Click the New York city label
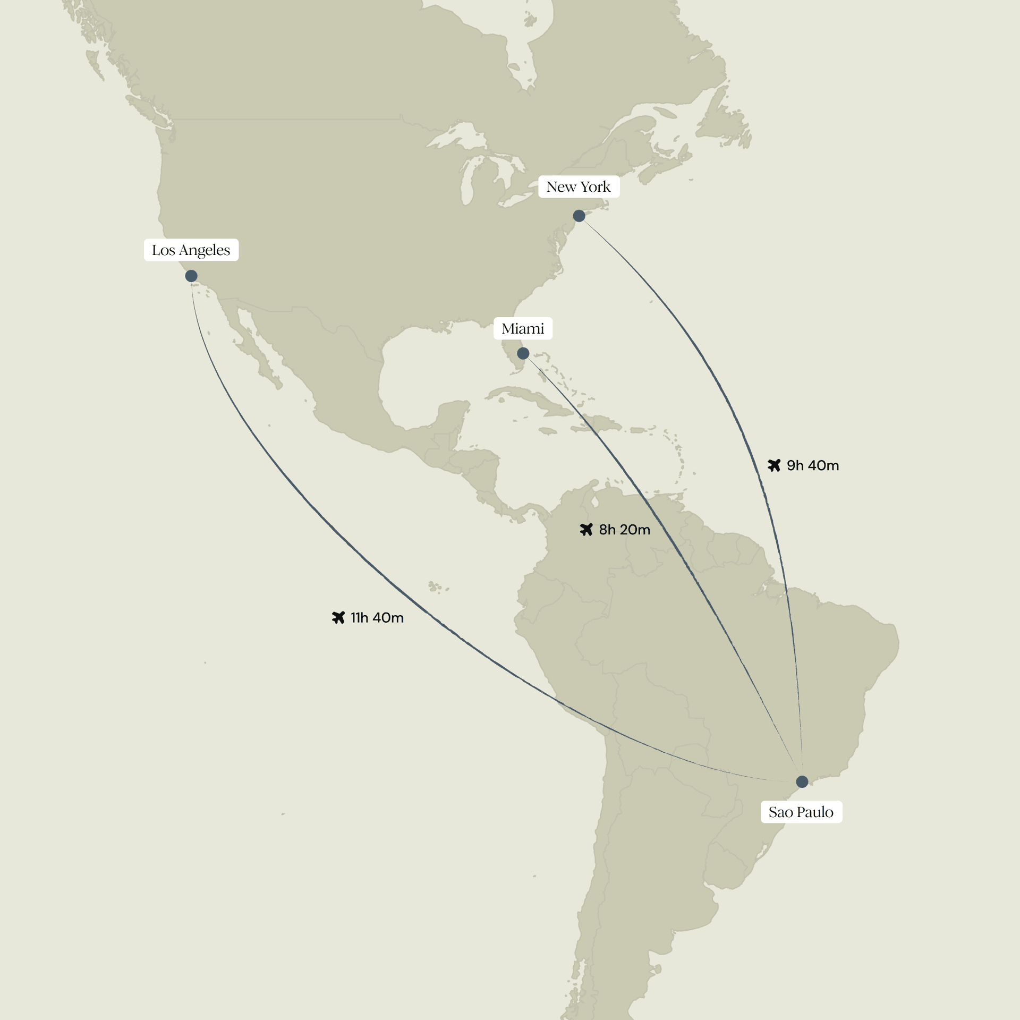pos(579,187)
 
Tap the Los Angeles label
pos(191,250)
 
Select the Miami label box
pos(523,329)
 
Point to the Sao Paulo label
pos(801,812)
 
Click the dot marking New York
pos(579,216)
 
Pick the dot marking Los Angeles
pos(191,276)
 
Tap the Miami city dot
pos(523,353)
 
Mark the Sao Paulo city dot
pos(802,781)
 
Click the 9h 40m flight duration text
pos(813,466)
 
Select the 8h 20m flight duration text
pos(624,530)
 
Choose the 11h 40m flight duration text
pos(377,618)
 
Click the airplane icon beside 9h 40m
pos(774,465)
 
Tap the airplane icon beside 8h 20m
pos(586,530)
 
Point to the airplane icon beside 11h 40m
pos(338,617)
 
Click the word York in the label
pos(596,187)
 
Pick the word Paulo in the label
pos(815,812)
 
